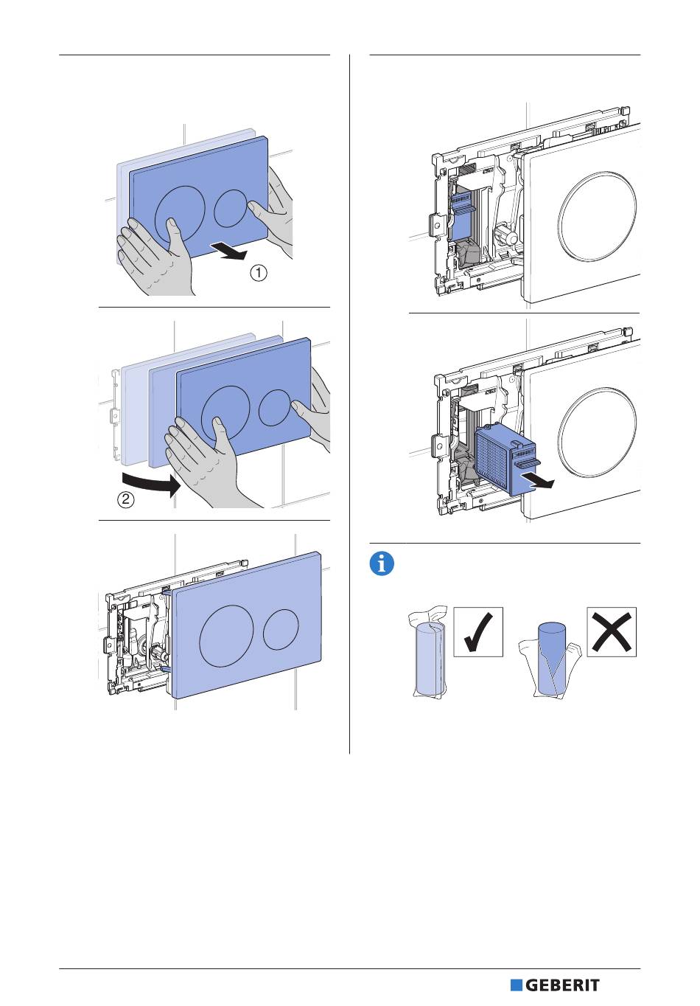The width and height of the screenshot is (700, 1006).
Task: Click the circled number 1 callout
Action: pos(259,273)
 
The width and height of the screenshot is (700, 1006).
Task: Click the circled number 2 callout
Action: pos(126,499)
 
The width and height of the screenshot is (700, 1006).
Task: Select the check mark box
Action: pos(478,631)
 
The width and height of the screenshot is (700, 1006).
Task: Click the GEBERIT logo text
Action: pos(562,985)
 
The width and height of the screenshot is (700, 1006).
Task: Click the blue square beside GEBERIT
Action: pos(516,985)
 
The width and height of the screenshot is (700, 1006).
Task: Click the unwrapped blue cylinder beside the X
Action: pos(552,658)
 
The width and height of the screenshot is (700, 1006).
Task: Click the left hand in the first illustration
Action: pos(155,254)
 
